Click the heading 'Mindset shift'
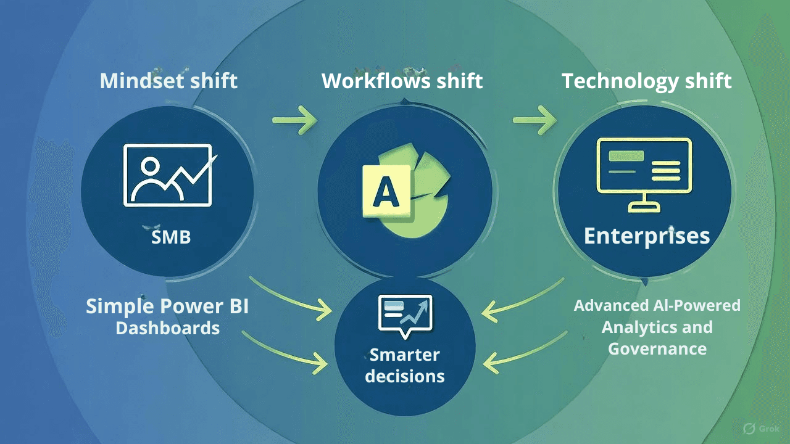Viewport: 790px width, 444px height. point(168,81)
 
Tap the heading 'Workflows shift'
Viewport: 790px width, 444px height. point(402,81)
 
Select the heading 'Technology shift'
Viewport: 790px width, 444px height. point(646,81)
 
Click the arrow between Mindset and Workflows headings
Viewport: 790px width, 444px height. point(294,120)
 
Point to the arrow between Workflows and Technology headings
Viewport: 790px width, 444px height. point(534,120)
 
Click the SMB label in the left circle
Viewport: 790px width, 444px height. point(171,237)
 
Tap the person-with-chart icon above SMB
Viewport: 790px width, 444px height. point(168,175)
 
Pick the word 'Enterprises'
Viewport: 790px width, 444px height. point(646,236)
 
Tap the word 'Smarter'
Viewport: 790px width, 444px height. point(404,355)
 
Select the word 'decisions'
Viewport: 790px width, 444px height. point(404,376)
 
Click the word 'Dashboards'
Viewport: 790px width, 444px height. point(167,328)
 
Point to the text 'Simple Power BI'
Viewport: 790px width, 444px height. point(167,306)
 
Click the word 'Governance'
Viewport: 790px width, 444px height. point(657,348)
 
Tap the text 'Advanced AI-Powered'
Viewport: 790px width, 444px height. point(657,305)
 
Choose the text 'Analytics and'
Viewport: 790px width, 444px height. point(657,327)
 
